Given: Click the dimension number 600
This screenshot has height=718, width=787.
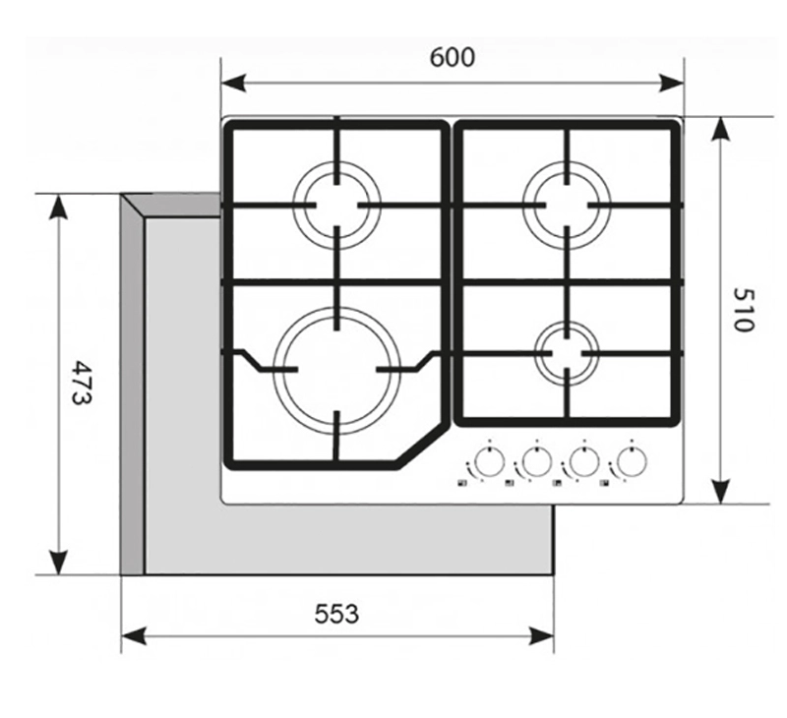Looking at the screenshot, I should point(452,57).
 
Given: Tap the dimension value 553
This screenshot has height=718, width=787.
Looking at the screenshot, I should point(336,614).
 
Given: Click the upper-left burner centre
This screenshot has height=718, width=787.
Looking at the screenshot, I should point(336,204).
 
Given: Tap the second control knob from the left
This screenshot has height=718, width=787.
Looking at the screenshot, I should point(534,461).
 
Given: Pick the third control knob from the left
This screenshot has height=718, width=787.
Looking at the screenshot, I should point(582,461).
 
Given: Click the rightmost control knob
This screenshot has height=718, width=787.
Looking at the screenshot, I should point(631,461).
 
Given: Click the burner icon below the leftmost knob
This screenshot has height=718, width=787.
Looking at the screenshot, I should point(460,483).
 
